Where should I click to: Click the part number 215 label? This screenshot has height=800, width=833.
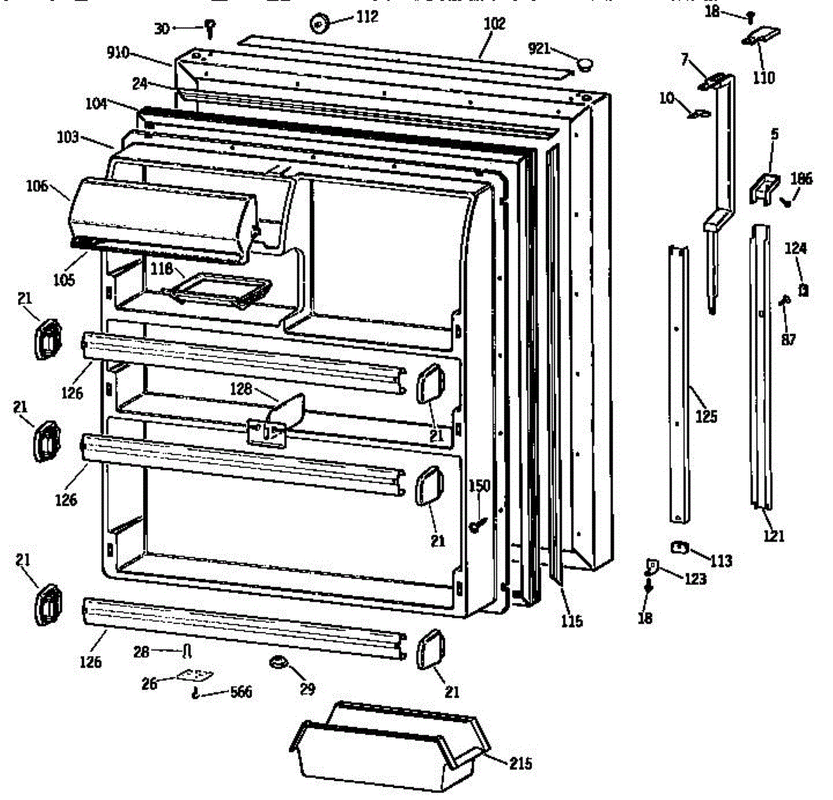click(521, 764)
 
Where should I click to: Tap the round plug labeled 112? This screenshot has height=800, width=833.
click(319, 23)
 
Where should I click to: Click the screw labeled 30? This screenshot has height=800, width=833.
click(210, 28)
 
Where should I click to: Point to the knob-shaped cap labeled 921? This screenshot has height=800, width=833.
click(584, 64)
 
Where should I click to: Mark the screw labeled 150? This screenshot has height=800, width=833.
click(477, 525)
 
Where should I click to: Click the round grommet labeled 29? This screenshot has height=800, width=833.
click(279, 663)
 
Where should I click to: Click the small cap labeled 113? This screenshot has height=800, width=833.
click(679, 547)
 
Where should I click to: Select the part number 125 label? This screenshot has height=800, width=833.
click(706, 417)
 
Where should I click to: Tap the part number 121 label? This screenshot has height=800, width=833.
click(773, 535)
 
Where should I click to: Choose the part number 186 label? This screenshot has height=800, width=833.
click(800, 179)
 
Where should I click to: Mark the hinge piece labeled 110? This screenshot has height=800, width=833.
click(762, 36)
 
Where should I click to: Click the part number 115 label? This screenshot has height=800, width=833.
click(572, 621)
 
